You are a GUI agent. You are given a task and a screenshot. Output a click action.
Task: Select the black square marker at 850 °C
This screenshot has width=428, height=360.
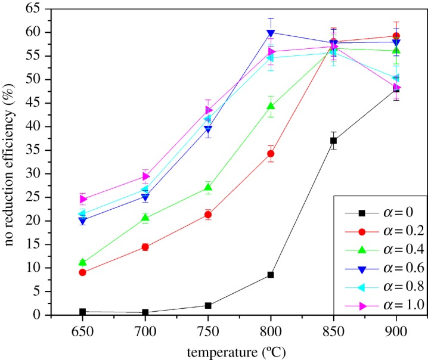[333, 141]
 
